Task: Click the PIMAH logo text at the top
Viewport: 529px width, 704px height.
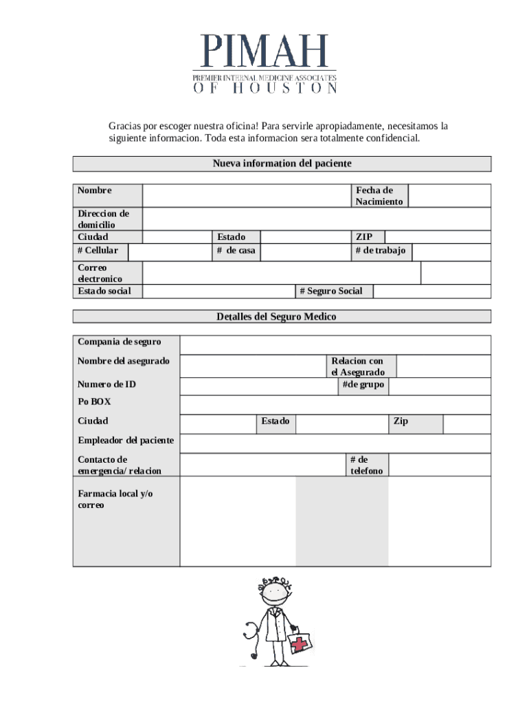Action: pos(264,52)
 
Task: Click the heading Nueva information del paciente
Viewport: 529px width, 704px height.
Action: pos(282,164)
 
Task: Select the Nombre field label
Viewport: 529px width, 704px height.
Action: pos(95,190)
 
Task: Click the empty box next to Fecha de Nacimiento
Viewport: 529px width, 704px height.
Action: pos(449,196)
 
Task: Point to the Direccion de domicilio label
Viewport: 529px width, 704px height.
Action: pos(103,219)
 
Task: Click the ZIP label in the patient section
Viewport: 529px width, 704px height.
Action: pos(364,237)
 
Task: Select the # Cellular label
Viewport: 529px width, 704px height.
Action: pos(98,250)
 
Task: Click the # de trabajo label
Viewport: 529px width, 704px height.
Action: pos(381,250)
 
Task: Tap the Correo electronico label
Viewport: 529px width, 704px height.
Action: pos(100,273)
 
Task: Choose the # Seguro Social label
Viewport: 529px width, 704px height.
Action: pos(331,291)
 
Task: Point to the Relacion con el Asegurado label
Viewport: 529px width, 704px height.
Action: pos(358,366)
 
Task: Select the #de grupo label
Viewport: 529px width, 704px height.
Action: pos(363,384)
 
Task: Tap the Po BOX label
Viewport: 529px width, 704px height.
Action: pos(94,401)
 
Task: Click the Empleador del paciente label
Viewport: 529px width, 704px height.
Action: pos(126,440)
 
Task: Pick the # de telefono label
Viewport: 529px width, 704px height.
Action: pos(366,465)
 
